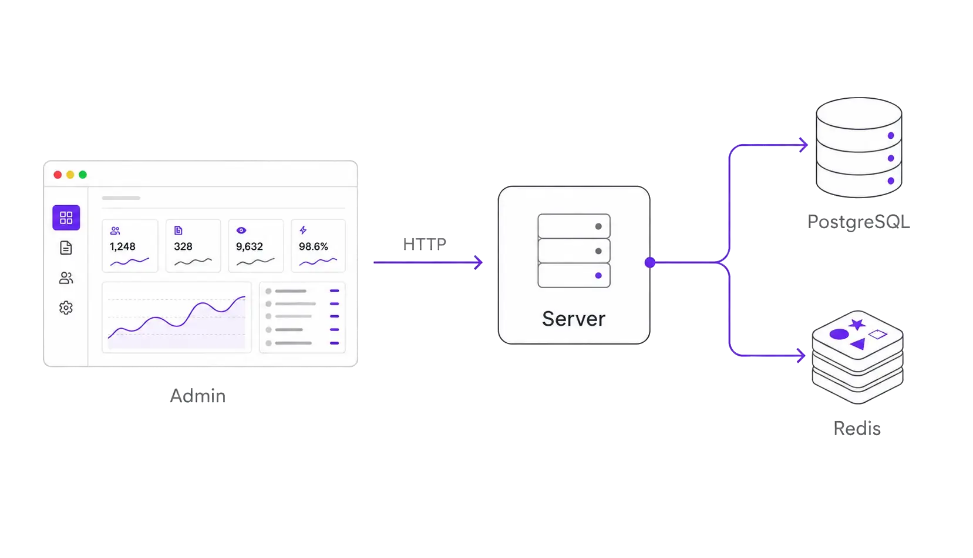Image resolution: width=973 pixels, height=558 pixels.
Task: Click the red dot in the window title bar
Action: pyautogui.click(x=58, y=175)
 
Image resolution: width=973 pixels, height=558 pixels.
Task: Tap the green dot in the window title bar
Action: pyautogui.click(x=83, y=175)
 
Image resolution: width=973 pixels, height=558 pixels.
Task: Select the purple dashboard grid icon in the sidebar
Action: pyautogui.click(x=66, y=218)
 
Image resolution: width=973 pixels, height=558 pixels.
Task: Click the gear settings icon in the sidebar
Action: pyautogui.click(x=66, y=308)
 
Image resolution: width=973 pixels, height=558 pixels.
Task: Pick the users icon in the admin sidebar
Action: pyautogui.click(x=66, y=278)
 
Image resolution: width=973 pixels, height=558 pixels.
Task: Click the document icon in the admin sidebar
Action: pyautogui.click(x=66, y=248)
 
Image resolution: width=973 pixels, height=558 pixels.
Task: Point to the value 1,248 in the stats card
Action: pyautogui.click(x=123, y=246)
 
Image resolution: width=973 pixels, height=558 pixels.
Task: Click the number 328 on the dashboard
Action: pyautogui.click(x=183, y=246)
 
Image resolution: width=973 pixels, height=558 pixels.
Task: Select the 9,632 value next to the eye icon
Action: pyautogui.click(x=250, y=246)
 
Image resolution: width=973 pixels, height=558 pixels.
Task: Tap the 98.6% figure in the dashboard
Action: pyautogui.click(x=313, y=246)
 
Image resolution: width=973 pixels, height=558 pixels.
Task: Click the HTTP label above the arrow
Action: pyautogui.click(x=425, y=245)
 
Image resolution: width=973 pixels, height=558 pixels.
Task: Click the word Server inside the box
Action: pyautogui.click(x=573, y=319)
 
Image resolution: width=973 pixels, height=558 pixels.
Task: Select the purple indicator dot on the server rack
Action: pyautogui.click(x=598, y=275)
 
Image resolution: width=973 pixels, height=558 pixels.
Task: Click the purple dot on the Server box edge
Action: pyautogui.click(x=650, y=262)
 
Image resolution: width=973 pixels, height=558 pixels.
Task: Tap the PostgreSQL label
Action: pyautogui.click(x=858, y=222)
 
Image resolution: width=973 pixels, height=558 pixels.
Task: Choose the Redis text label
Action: pyautogui.click(x=857, y=429)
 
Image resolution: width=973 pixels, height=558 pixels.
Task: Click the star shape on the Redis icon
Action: pyautogui.click(x=857, y=325)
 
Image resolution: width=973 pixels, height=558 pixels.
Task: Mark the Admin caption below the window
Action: pyautogui.click(x=198, y=396)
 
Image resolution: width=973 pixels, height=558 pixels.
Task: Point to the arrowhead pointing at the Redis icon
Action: pyautogui.click(x=802, y=355)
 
